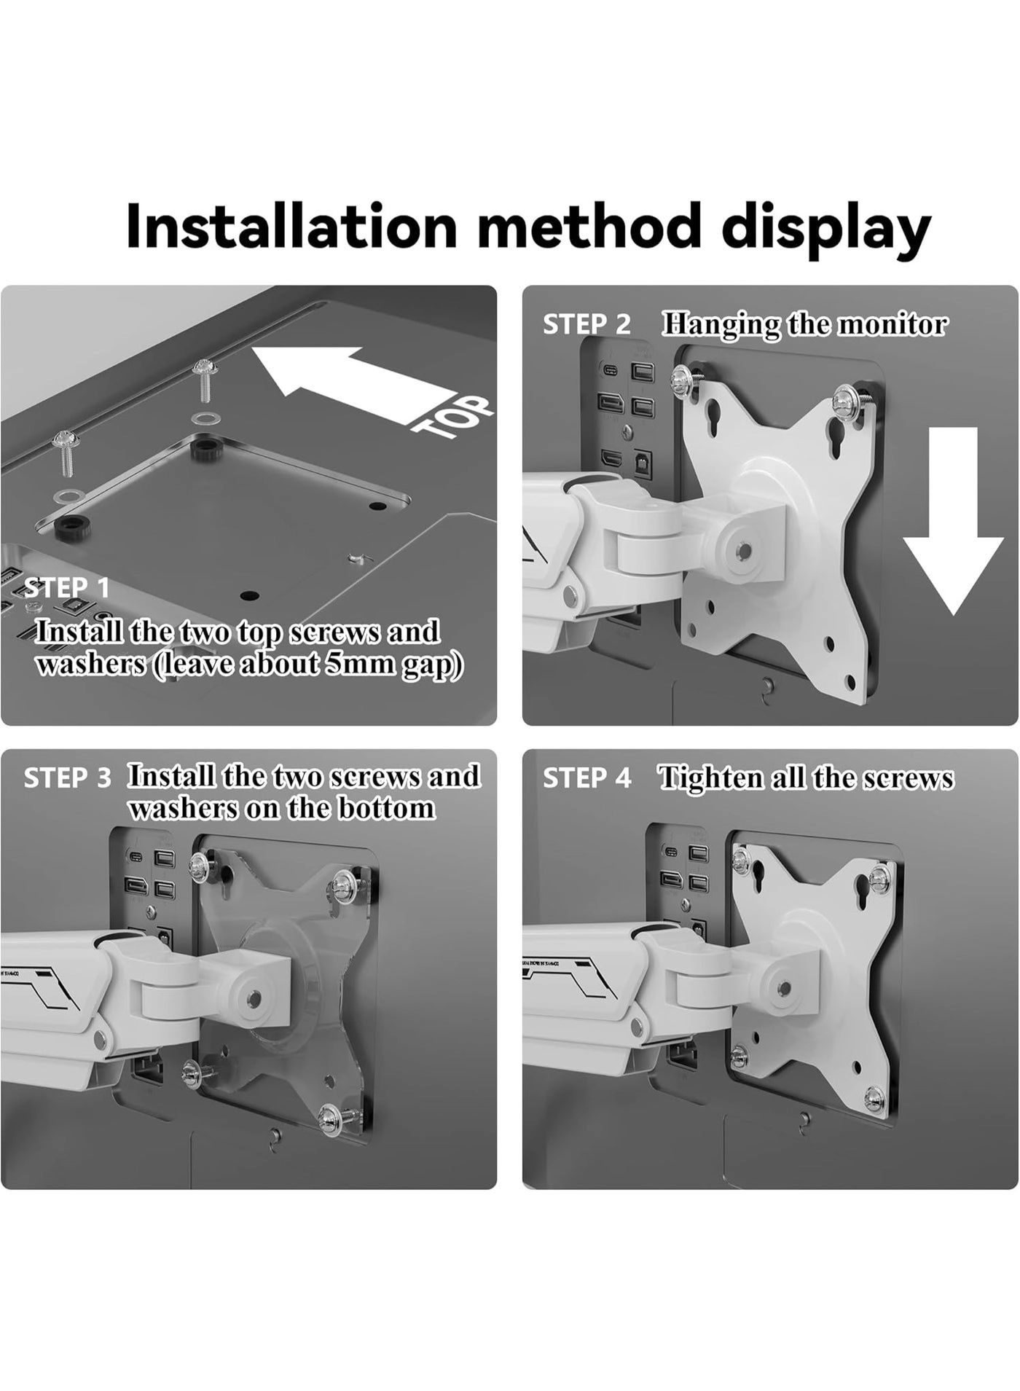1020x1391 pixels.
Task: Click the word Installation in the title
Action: [x=291, y=227]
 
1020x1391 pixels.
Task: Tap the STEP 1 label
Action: [x=67, y=587]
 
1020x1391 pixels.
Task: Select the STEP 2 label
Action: [x=586, y=324]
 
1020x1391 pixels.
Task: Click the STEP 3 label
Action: [x=67, y=778]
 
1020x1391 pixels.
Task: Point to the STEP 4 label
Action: [x=586, y=778]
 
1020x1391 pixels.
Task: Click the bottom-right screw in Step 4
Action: [x=875, y=1097]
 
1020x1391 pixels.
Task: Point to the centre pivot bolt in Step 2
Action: [x=742, y=551]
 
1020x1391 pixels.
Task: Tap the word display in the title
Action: [x=826, y=227]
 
